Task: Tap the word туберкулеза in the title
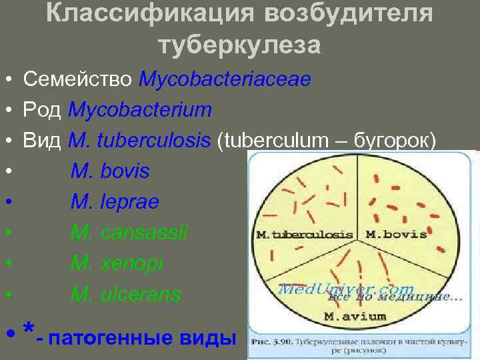pos(240,45)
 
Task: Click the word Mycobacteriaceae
pos(225,80)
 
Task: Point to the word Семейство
pos(78,80)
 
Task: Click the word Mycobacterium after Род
pos(140,110)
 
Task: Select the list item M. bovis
pos(110,171)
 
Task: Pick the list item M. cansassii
pos(129,233)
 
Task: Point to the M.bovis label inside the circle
pos(396,235)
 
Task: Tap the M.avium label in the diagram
pos(355,315)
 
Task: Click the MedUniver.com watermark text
pos(347,289)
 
